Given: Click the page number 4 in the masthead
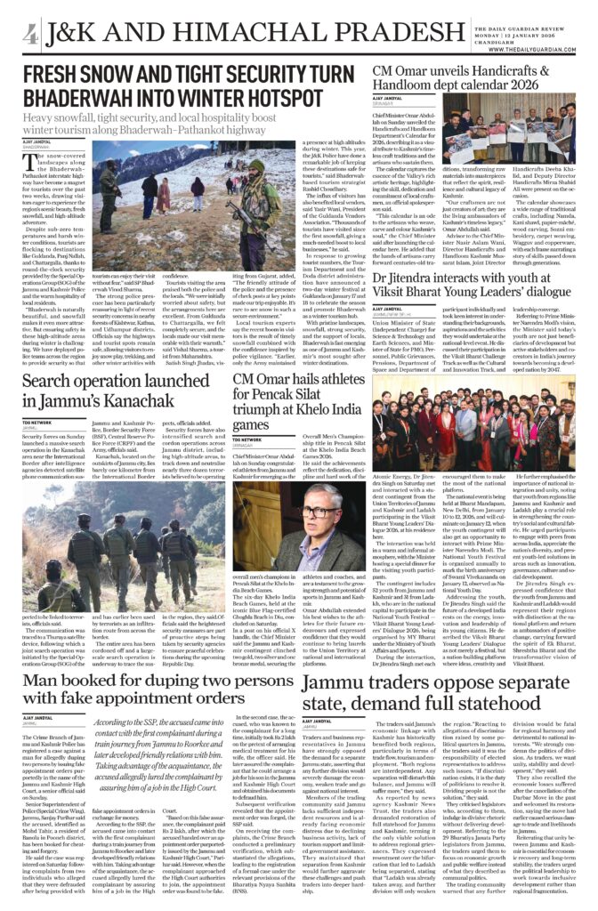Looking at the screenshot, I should tap(30, 34).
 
